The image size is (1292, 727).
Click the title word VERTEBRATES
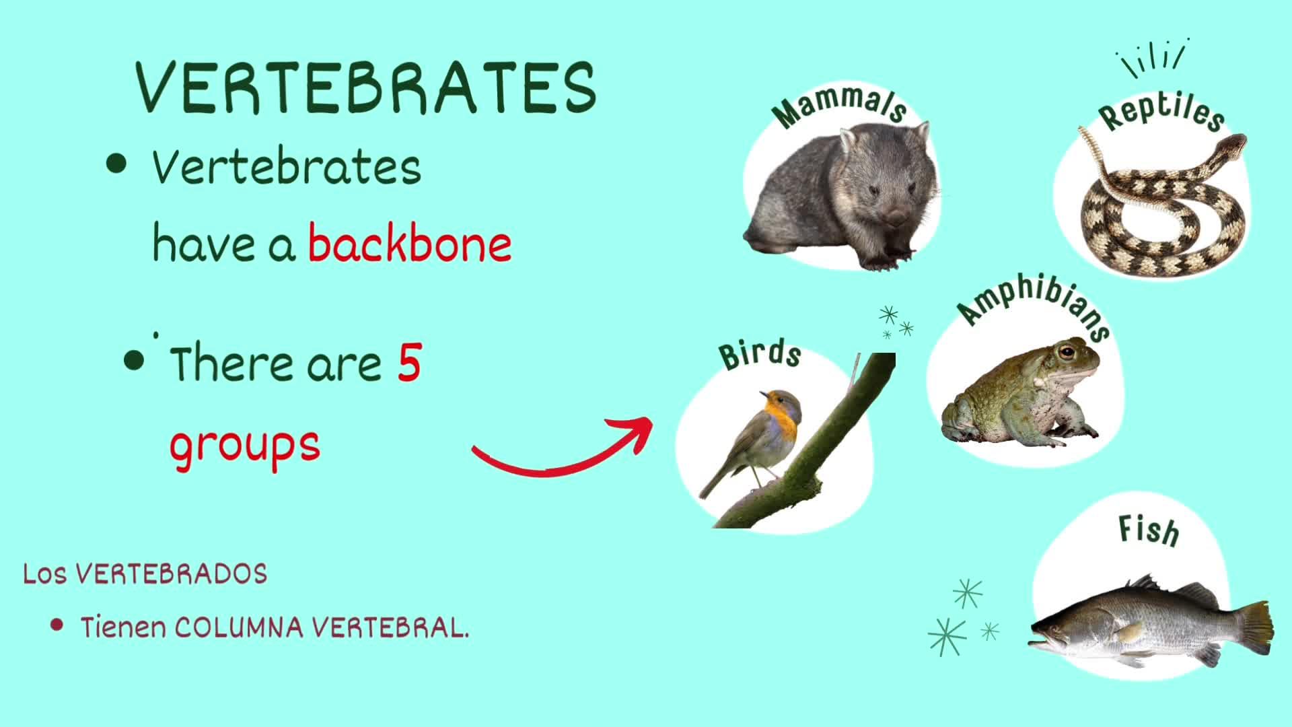coord(366,88)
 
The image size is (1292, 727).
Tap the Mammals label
coord(838,106)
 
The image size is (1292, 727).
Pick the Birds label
coord(760,354)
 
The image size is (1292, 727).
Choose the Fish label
coord(1149,530)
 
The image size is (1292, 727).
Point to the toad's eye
coord(1067,351)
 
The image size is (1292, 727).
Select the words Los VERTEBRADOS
coord(145,574)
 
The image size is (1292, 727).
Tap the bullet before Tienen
coord(57,625)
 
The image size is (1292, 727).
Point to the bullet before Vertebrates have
coord(116,164)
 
